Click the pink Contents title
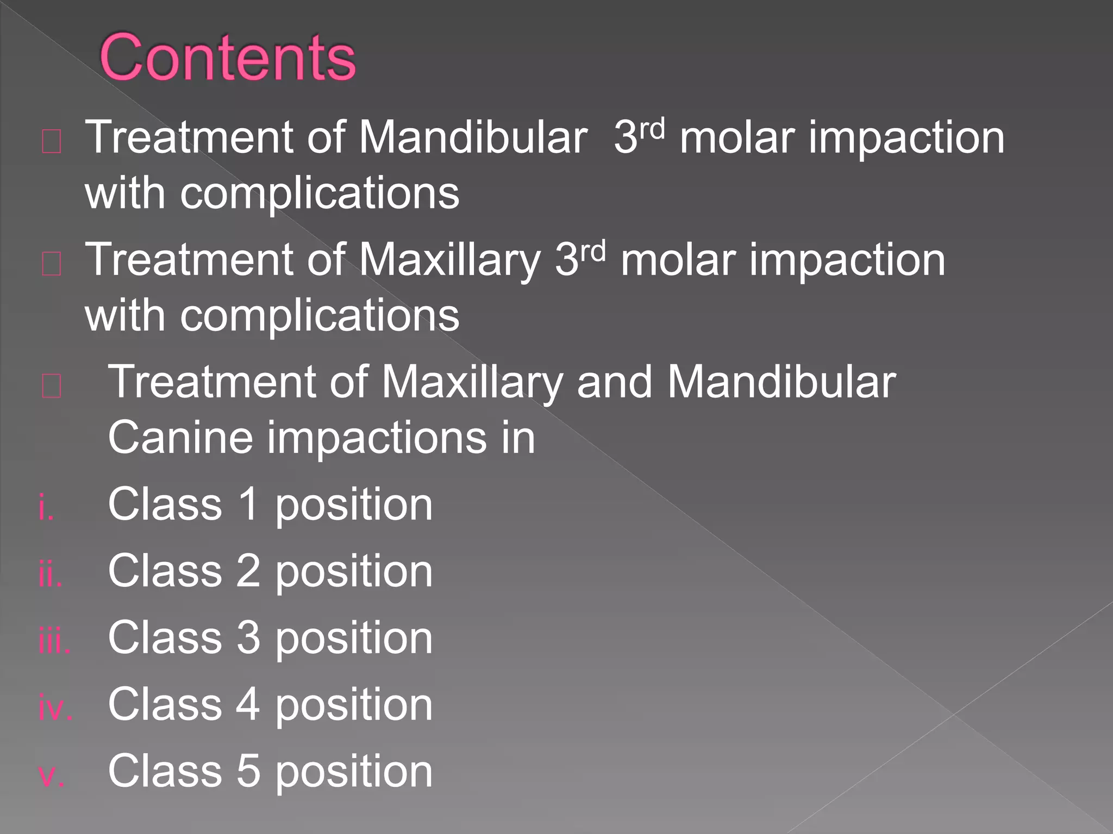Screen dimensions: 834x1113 [227, 58]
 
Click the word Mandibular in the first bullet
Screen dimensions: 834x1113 [473, 138]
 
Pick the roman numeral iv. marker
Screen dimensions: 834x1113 [55, 709]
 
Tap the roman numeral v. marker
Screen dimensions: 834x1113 [52, 775]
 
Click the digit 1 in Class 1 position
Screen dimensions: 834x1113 [248, 504]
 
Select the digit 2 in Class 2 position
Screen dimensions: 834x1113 [248, 571]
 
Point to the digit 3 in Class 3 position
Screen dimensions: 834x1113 [248, 638]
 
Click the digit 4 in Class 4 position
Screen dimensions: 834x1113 [248, 705]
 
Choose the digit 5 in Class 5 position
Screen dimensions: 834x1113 [248, 771]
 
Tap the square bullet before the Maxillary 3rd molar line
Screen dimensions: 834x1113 [52, 264]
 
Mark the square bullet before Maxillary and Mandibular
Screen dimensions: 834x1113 [52, 387]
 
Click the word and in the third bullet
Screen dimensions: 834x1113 [614, 382]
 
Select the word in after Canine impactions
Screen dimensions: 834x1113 [518, 438]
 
